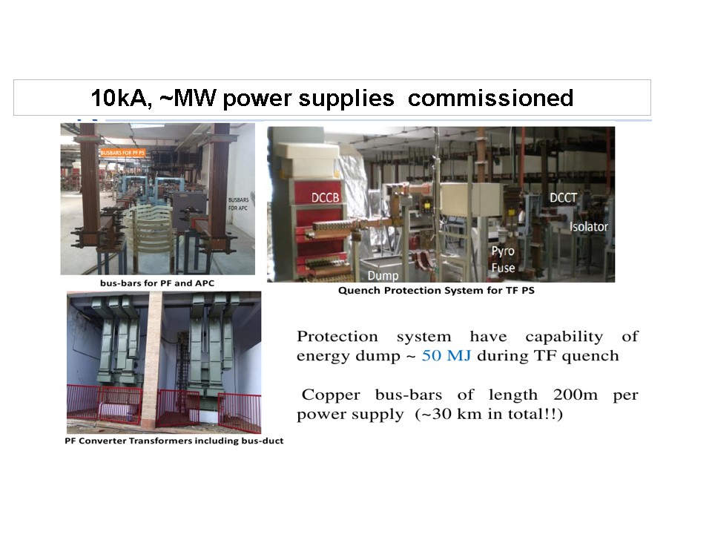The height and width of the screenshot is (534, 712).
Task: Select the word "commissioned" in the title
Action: tap(490, 98)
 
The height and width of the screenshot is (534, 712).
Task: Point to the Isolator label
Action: tap(588, 225)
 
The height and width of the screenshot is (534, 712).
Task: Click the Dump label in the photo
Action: tap(383, 276)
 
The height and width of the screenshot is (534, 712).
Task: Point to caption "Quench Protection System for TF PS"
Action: tap(436, 291)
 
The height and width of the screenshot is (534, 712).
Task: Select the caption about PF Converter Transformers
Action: tap(175, 441)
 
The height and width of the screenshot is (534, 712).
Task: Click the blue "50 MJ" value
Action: tap(446, 356)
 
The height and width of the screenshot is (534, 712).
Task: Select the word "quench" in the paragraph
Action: tap(593, 356)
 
